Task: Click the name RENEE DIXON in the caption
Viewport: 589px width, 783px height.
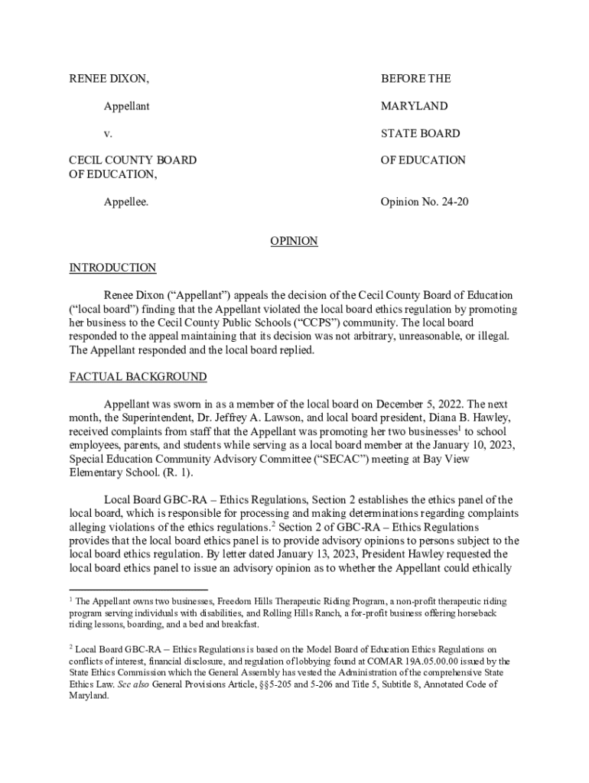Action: pyautogui.click(x=109, y=79)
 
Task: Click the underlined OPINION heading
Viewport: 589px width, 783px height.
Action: pyautogui.click(x=294, y=241)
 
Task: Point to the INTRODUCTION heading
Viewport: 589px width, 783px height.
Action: pyautogui.click(x=112, y=268)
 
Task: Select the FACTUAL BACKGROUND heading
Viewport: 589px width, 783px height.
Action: pyautogui.click(x=138, y=377)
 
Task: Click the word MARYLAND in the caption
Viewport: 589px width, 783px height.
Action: pyautogui.click(x=414, y=106)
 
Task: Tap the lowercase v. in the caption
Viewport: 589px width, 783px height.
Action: pyautogui.click(x=108, y=133)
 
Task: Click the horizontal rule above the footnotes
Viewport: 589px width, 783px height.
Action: pyautogui.click(x=138, y=590)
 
